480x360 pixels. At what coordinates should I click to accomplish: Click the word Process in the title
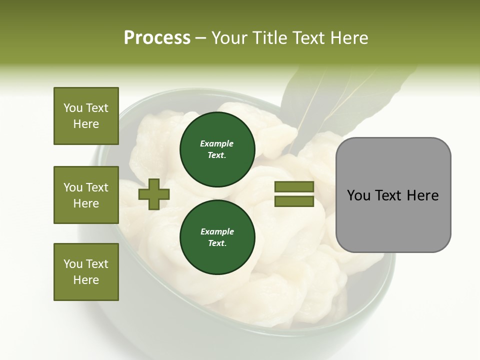[x=157, y=38]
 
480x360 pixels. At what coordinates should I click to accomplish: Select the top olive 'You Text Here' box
[x=86, y=116]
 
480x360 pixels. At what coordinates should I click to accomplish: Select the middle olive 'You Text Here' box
[x=86, y=195]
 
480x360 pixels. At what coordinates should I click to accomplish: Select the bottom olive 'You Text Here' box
[x=86, y=272]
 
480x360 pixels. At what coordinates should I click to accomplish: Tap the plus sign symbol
[x=154, y=194]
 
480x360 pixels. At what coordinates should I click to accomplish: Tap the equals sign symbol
[x=294, y=194]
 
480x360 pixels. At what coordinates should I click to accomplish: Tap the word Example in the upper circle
[x=217, y=144]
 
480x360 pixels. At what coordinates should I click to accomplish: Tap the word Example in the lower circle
[x=217, y=232]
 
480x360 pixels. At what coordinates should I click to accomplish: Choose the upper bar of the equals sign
[x=294, y=187]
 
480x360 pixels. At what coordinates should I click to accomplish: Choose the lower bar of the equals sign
[x=294, y=201]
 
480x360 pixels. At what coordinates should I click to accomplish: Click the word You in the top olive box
[x=72, y=108]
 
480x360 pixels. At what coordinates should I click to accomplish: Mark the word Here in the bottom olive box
[x=86, y=280]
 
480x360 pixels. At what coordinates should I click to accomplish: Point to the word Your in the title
[x=230, y=38]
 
